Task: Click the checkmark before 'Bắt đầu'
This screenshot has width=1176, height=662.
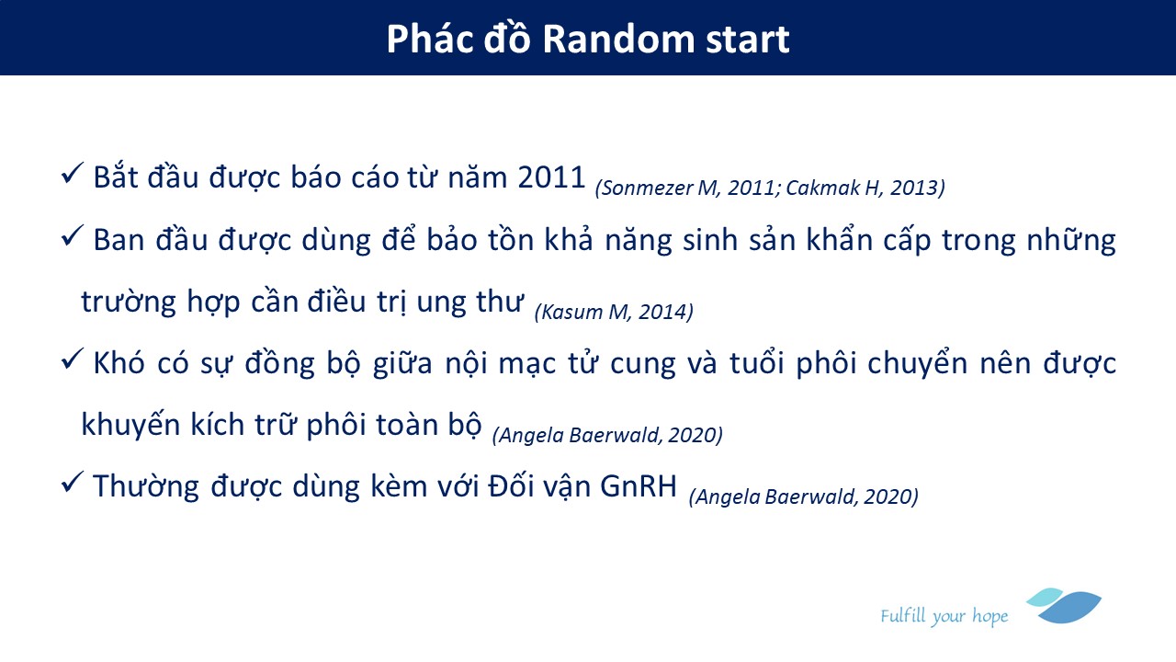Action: tap(72, 173)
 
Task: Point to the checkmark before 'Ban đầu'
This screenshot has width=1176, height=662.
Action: tap(72, 235)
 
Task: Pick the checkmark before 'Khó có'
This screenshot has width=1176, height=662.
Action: tap(72, 359)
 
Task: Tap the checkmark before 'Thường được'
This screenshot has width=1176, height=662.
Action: tap(72, 482)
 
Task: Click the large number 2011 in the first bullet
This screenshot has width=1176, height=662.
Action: tap(551, 177)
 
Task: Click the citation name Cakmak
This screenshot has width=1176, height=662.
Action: tap(823, 188)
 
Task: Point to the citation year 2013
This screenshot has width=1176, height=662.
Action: tap(914, 188)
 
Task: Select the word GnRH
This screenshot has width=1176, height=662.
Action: tap(639, 486)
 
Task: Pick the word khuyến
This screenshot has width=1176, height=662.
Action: tap(130, 424)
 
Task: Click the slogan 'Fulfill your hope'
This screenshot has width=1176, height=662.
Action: tap(944, 616)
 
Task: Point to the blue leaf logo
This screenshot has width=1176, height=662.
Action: tap(1065, 606)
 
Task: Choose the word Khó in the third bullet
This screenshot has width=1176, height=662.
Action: tap(119, 361)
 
